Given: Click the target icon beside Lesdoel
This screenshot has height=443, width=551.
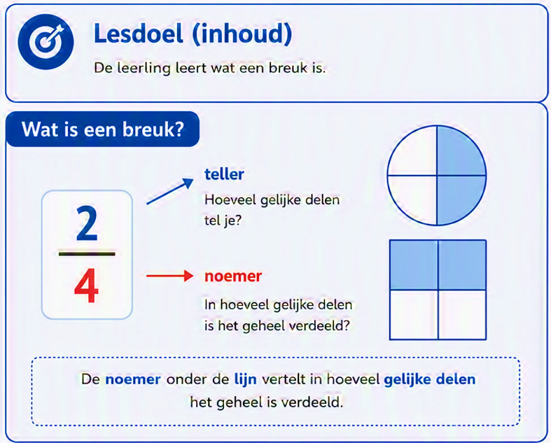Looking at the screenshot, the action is pyautogui.click(x=46, y=41).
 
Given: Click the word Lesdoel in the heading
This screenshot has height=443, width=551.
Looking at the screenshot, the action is pyautogui.click(x=139, y=34).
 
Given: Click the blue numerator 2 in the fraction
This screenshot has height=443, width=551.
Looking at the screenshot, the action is pyautogui.click(x=87, y=223).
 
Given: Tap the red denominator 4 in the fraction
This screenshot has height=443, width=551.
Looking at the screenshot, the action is pyautogui.click(x=86, y=286).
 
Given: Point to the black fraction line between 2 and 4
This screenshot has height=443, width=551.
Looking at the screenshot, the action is pyautogui.click(x=87, y=253).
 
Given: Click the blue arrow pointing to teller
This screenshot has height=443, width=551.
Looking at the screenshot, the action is pyautogui.click(x=170, y=191).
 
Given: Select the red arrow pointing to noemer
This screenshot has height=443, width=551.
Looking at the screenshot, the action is pyautogui.click(x=169, y=276).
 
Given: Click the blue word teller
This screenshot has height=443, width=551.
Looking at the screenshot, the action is pyautogui.click(x=224, y=174).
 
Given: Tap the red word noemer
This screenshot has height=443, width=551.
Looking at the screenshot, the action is pyautogui.click(x=233, y=276).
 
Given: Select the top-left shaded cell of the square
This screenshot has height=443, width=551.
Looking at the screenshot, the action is pyautogui.click(x=414, y=265).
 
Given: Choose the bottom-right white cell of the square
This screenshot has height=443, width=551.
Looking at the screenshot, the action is pyautogui.click(x=463, y=315).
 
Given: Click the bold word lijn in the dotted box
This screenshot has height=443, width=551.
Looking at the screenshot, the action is pyautogui.click(x=245, y=380).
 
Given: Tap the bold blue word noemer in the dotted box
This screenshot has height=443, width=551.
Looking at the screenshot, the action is pyautogui.click(x=133, y=380).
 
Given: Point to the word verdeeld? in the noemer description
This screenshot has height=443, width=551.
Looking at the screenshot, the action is pyautogui.click(x=319, y=325).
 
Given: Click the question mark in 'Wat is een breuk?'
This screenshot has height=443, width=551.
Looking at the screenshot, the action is pyautogui.click(x=179, y=129).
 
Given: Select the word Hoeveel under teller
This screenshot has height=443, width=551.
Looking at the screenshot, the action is pyautogui.click(x=230, y=200).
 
